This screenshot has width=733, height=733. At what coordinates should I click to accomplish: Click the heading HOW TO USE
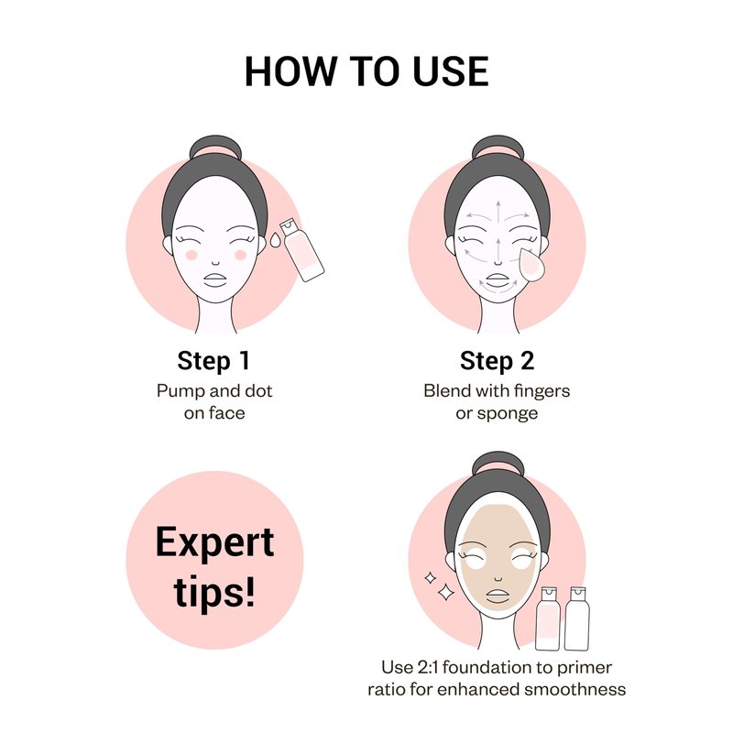click(x=366, y=71)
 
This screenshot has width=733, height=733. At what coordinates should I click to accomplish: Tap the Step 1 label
click(x=213, y=361)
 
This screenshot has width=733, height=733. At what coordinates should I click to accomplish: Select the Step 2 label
click(x=497, y=361)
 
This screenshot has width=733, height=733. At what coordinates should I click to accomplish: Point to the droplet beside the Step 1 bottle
click(x=275, y=240)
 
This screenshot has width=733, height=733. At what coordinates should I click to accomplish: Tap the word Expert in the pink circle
click(x=214, y=542)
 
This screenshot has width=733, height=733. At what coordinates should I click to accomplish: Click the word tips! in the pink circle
click(x=214, y=591)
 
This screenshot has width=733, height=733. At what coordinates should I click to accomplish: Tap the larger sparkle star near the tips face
click(x=445, y=592)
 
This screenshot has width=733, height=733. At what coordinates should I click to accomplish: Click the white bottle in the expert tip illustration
click(x=576, y=618)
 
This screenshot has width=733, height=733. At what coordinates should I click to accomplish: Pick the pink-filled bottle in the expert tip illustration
click(x=547, y=618)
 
